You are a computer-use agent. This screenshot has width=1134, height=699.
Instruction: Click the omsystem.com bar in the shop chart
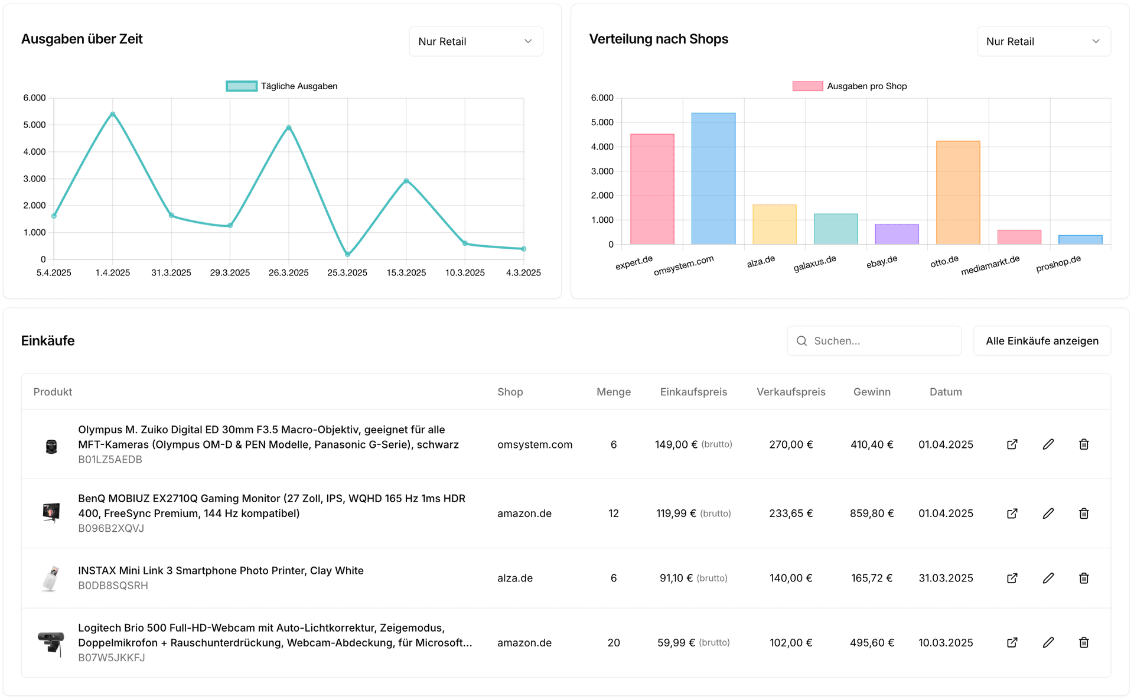(713, 178)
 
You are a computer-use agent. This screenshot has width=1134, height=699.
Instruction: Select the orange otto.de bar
(957, 193)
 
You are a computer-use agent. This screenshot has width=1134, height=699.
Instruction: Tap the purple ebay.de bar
(896, 234)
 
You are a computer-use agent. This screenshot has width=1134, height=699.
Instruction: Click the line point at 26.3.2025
(289, 128)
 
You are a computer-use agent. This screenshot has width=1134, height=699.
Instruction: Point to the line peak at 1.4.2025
(113, 114)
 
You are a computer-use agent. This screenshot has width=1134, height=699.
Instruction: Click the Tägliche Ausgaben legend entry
(282, 86)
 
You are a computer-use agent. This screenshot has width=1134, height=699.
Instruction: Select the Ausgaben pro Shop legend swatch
(807, 86)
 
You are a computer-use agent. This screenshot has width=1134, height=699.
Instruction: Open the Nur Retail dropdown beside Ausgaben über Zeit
(475, 41)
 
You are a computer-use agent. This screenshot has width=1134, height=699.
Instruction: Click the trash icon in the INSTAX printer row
(1083, 578)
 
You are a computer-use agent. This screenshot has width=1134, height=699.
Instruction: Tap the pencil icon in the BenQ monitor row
(1048, 513)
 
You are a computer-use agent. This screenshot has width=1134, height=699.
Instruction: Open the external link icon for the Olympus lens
(1012, 444)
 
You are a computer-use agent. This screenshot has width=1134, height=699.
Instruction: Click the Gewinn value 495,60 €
(871, 643)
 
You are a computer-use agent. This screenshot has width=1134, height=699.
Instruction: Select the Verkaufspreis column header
(790, 392)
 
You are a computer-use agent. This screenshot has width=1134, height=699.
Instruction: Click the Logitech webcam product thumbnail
(51, 643)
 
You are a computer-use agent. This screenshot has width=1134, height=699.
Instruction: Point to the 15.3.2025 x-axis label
(406, 272)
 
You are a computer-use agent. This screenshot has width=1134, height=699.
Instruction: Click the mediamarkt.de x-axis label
(990, 265)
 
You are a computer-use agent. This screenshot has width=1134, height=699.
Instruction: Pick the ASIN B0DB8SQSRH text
(113, 586)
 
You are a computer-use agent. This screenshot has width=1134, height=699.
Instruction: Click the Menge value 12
(613, 513)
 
